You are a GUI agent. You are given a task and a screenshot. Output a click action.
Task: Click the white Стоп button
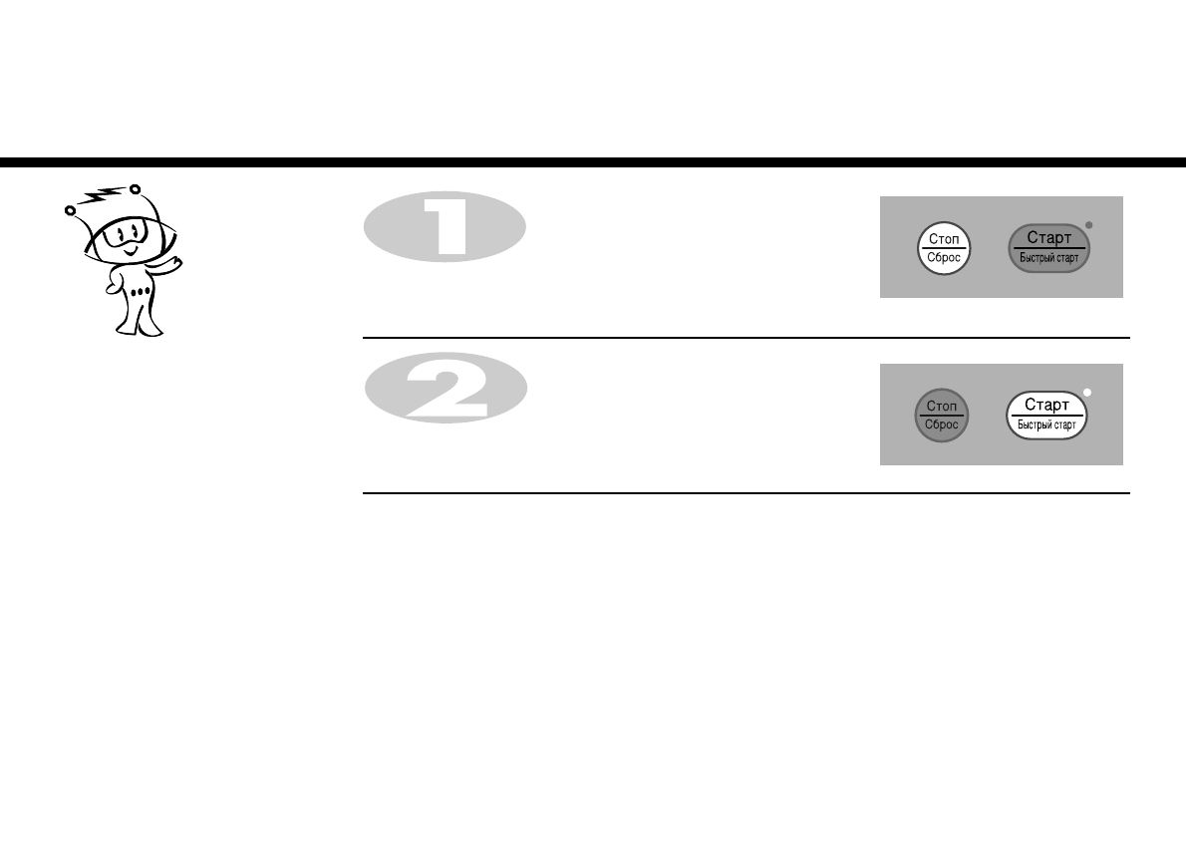tap(943, 248)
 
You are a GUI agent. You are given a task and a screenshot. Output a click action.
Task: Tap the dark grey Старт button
tap(1048, 248)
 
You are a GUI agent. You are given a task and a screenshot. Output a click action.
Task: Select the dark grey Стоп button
tap(941, 416)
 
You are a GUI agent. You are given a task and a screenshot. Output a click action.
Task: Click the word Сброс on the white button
tap(943, 258)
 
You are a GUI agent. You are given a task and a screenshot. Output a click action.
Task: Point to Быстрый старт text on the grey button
tap(1048, 258)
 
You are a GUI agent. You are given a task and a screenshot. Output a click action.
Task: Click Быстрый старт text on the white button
tap(1046, 425)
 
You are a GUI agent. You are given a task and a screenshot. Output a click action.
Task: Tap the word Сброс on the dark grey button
tap(941, 425)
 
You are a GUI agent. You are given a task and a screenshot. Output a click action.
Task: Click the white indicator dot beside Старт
tap(1087, 393)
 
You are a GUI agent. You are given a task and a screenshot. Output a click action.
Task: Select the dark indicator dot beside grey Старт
tap(1088, 225)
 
